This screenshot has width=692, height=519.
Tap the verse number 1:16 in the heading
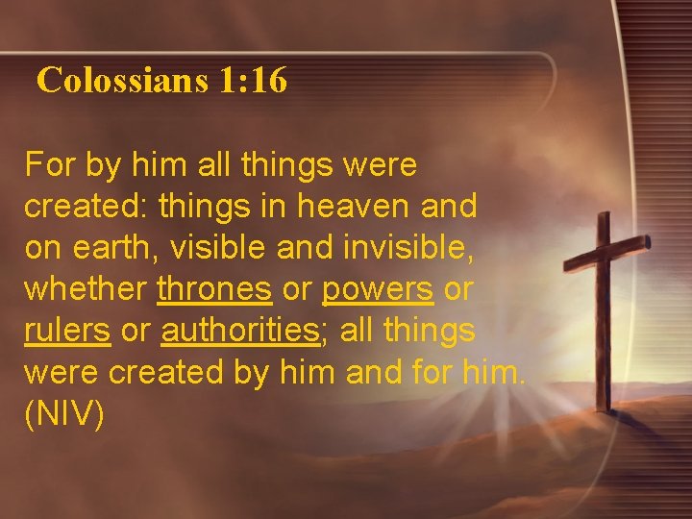253,81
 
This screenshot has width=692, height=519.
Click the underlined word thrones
214,287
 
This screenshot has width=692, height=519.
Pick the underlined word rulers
67,330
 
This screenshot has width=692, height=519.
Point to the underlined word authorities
239,330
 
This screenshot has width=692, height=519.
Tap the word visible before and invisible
219,246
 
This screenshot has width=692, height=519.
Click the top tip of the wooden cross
603,217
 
